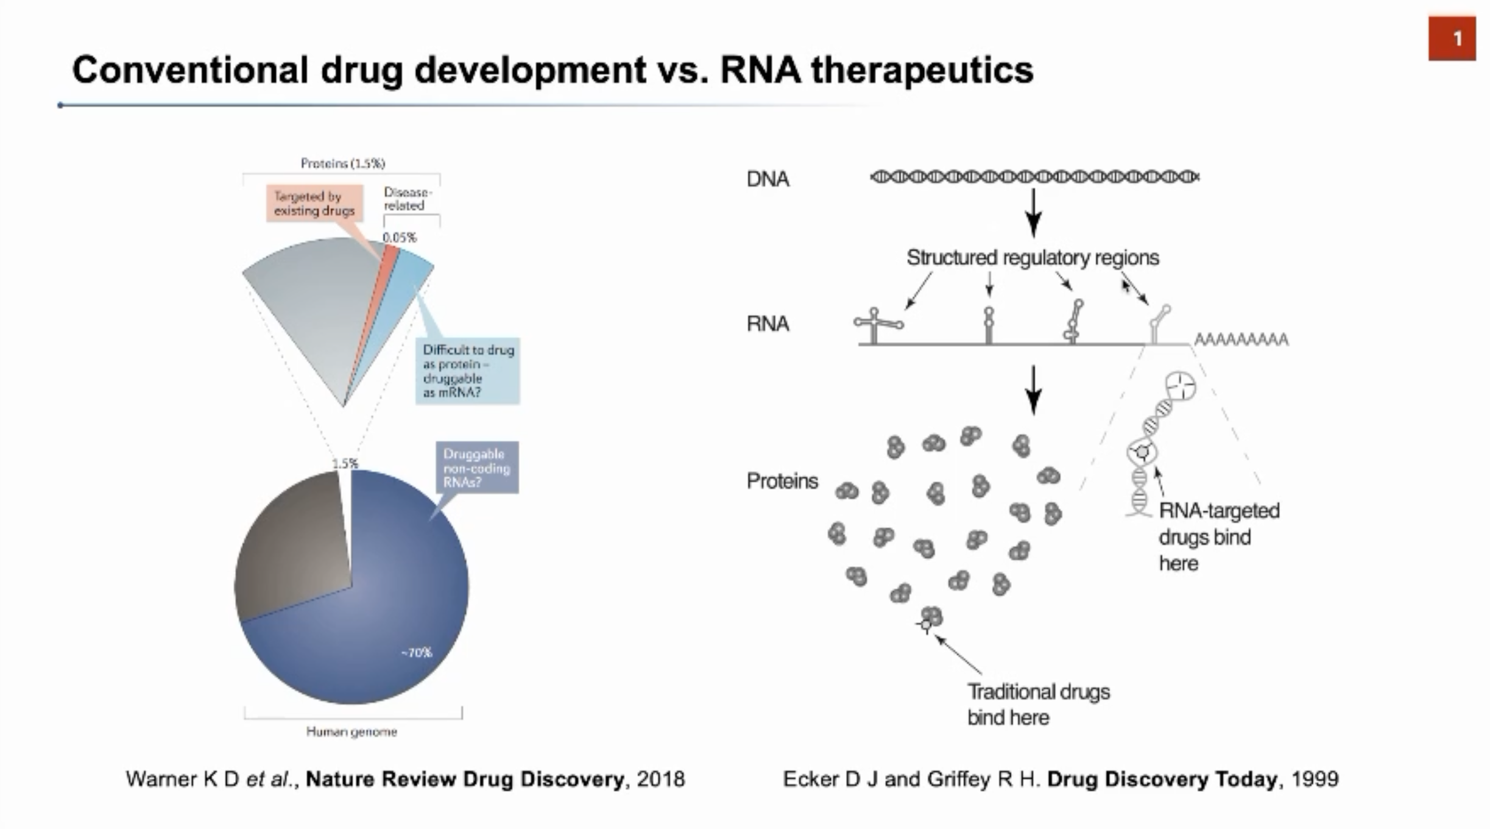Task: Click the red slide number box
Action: point(1452,38)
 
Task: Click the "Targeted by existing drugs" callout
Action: point(314,203)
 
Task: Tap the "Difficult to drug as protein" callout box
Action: point(468,371)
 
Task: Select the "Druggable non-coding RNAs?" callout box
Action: point(476,468)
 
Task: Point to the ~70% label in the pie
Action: point(417,653)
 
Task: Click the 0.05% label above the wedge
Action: point(400,237)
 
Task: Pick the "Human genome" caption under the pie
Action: point(351,731)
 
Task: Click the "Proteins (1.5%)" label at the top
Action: point(342,163)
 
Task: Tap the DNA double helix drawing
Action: point(1034,177)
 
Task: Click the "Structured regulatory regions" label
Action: point(1033,258)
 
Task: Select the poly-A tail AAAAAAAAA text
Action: point(1241,339)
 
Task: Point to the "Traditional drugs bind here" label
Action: point(1038,705)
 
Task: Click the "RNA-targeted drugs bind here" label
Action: point(1218,536)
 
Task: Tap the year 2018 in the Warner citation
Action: point(661,779)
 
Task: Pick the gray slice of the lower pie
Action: point(292,549)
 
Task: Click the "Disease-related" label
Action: point(407,199)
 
